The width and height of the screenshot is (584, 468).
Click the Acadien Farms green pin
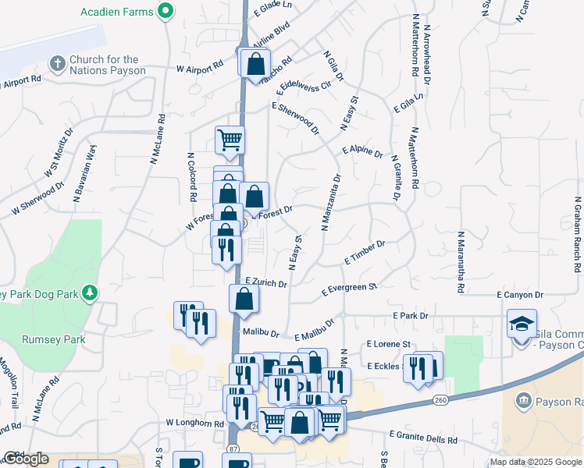coord(165,12)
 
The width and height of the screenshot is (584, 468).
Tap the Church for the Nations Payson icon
coord(58,62)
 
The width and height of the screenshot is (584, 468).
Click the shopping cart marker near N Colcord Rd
coord(230,140)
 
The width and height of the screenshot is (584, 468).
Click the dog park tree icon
coord(91,292)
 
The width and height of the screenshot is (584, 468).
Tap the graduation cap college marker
coord(522,324)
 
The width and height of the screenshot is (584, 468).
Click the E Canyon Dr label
coord(519,295)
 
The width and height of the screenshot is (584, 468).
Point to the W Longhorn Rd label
coord(195,423)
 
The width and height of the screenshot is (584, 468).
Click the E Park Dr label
coord(411,316)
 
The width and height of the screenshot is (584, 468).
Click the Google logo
coord(27,459)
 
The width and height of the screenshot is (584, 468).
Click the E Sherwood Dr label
coord(295,117)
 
